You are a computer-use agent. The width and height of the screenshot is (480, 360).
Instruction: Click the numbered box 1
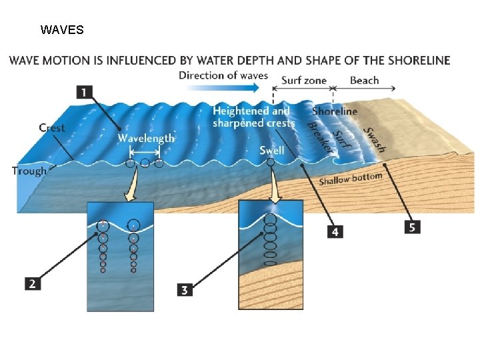click(85, 92)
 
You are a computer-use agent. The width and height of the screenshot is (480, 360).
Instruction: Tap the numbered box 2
click(32, 283)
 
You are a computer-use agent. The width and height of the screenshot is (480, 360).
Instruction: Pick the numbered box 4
click(335, 231)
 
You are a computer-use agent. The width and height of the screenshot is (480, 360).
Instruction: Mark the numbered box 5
click(412, 227)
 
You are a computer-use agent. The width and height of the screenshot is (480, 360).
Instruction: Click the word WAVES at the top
click(62, 30)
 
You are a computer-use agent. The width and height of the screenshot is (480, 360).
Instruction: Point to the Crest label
click(52, 127)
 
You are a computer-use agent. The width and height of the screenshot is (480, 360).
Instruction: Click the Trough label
click(29, 171)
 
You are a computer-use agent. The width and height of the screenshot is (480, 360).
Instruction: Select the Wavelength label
click(146, 138)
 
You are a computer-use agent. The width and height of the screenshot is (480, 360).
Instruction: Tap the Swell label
click(272, 151)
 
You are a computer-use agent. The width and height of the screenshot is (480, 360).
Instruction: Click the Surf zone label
click(304, 80)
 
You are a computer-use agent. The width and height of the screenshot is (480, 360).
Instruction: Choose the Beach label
click(365, 80)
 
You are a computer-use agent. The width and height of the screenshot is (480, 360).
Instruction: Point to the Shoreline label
click(335, 111)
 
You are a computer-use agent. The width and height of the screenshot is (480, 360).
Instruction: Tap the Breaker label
click(319, 136)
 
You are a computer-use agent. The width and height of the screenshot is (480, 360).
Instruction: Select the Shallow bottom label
click(350, 179)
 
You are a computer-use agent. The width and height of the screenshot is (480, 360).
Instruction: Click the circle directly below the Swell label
click(270, 162)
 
